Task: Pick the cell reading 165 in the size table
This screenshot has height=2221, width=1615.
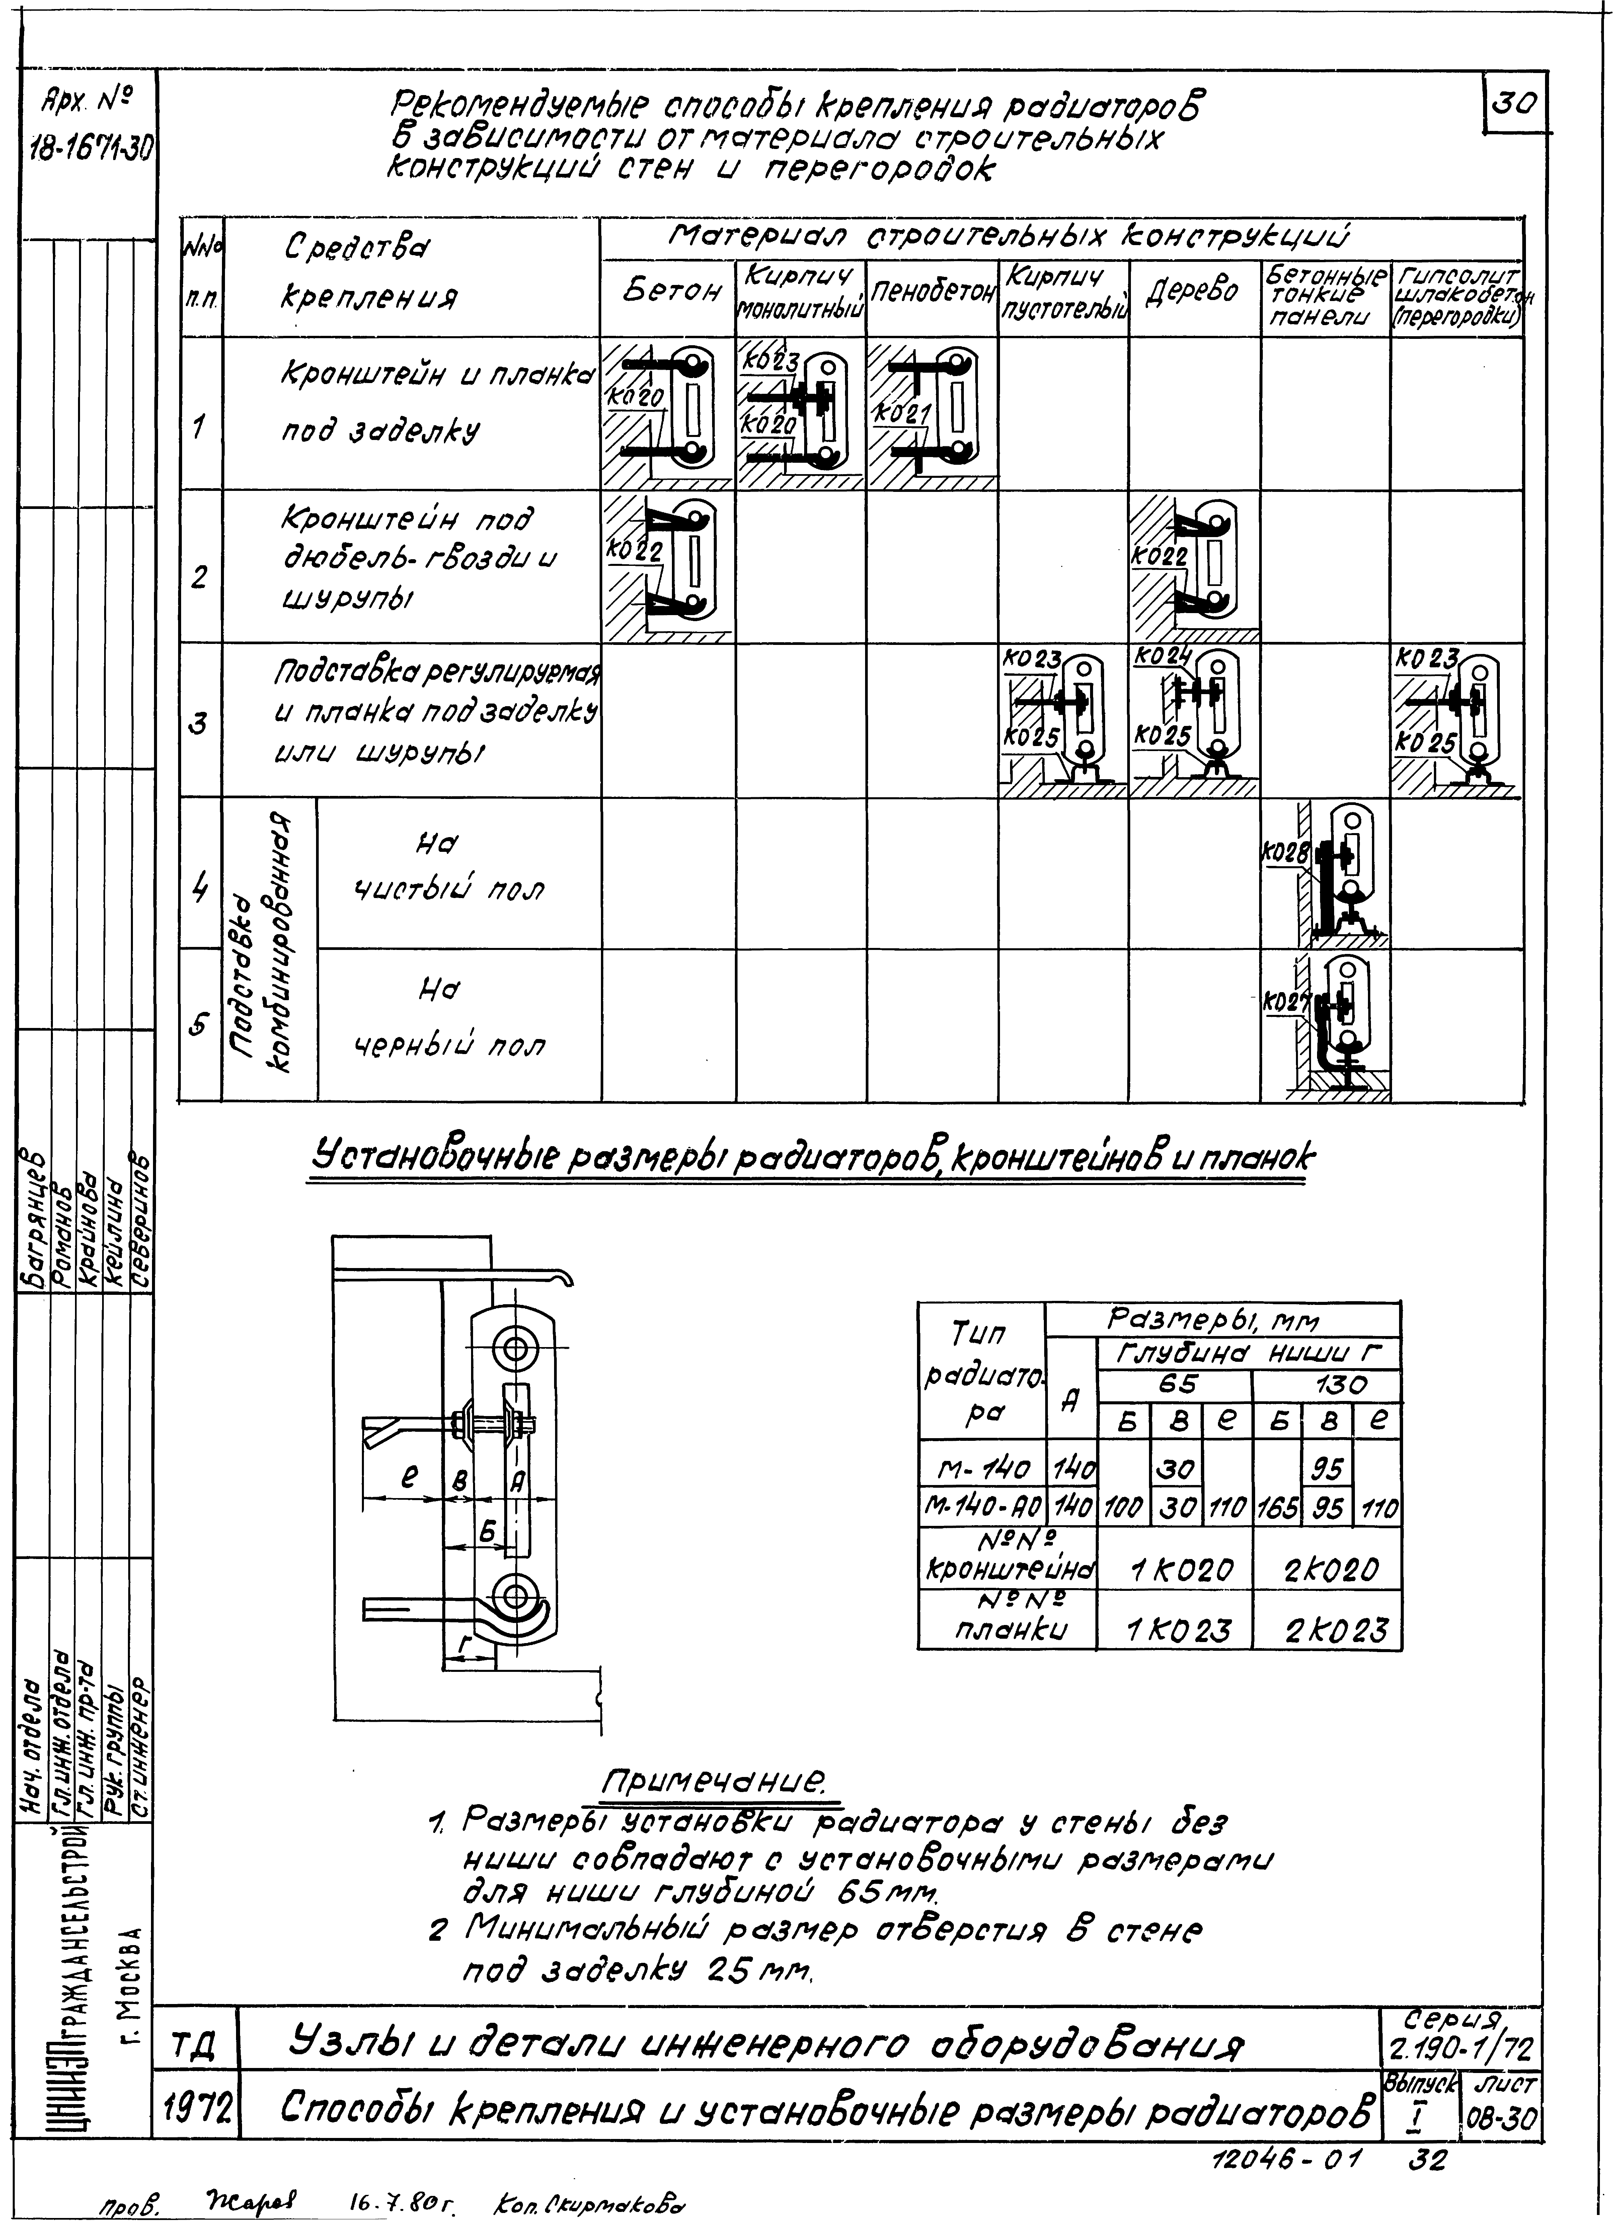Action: point(1276,1508)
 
